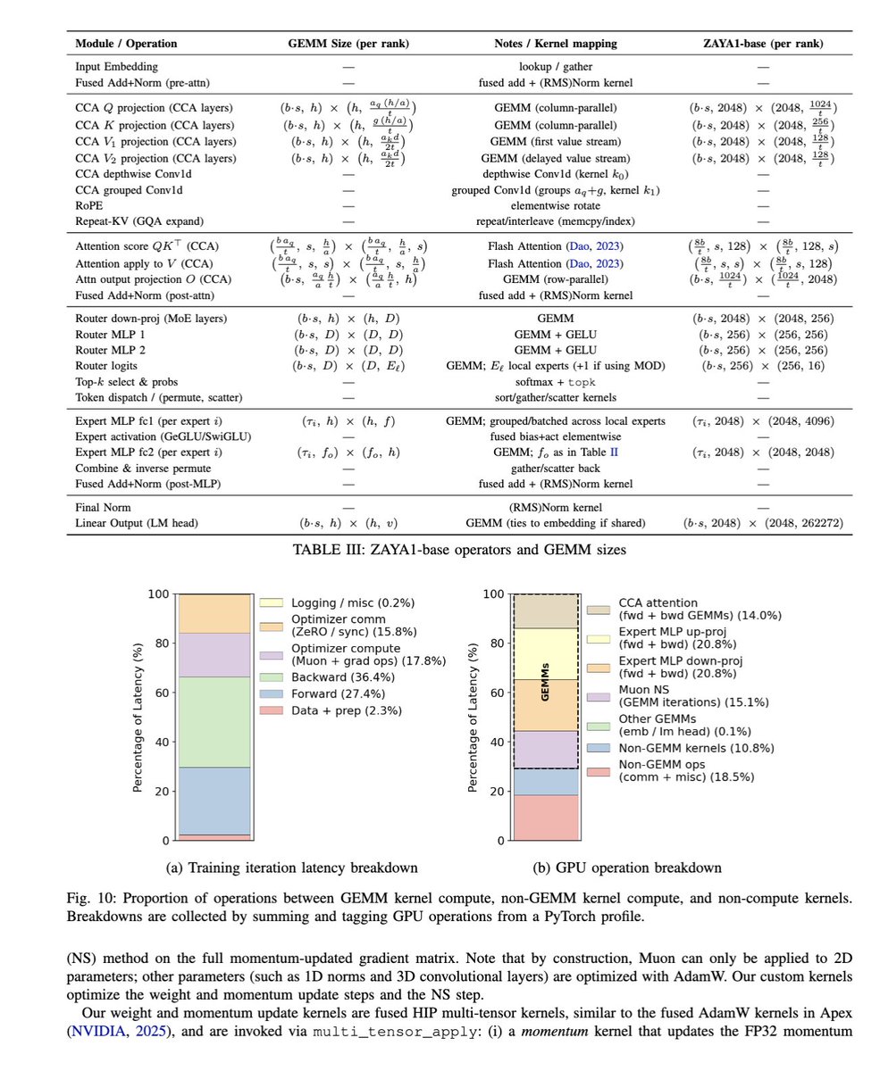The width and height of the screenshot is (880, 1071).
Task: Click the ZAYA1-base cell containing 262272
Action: (760, 521)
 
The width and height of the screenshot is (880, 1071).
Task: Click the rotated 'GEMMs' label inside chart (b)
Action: (544, 681)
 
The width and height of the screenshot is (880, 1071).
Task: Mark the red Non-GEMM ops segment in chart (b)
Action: (545, 818)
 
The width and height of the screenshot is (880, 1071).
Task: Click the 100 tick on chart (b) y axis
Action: (491, 594)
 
